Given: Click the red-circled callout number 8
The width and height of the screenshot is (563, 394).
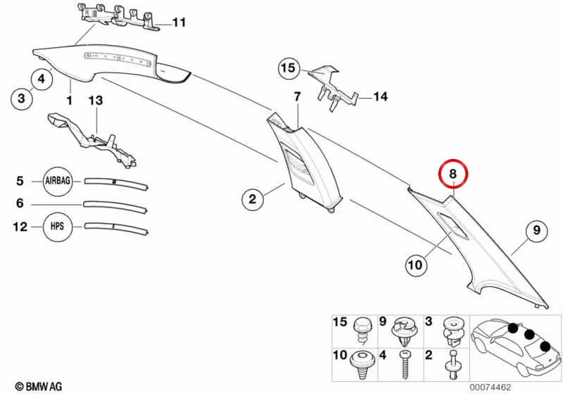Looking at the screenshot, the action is (x=453, y=174).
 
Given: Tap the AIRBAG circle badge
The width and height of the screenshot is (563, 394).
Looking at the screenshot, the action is (x=58, y=181).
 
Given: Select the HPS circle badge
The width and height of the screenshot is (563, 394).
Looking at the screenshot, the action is (x=58, y=227).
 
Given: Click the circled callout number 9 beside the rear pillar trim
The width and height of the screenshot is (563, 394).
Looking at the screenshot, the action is (x=536, y=230).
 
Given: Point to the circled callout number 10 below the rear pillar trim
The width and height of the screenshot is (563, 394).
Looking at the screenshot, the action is (x=415, y=265).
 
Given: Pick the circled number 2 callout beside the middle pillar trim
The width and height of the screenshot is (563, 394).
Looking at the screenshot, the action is (x=253, y=198).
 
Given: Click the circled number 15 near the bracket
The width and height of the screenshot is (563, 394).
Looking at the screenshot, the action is (x=289, y=68).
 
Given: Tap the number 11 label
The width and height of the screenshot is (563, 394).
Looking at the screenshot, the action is (x=179, y=23).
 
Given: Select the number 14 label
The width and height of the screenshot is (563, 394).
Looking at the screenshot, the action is (x=381, y=96).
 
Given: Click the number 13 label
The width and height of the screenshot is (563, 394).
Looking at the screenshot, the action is (x=96, y=101).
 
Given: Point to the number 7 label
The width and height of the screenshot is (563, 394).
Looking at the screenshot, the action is (x=297, y=96).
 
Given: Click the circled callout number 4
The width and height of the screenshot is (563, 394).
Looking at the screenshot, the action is (x=42, y=78).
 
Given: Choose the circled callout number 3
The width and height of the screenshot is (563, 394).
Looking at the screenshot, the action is (x=22, y=98).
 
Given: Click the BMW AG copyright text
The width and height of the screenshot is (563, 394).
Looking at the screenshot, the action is (x=39, y=386).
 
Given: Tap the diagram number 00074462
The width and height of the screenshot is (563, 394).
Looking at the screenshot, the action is (x=490, y=388).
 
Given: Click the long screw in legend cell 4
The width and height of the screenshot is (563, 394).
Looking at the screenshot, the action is (x=405, y=364).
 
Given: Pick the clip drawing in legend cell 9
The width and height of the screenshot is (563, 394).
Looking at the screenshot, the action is (x=405, y=331).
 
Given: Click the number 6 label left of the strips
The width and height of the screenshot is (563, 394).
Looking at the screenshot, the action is (x=20, y=203).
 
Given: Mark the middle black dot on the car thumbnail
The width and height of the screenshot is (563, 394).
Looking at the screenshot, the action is (x=529, y=335).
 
